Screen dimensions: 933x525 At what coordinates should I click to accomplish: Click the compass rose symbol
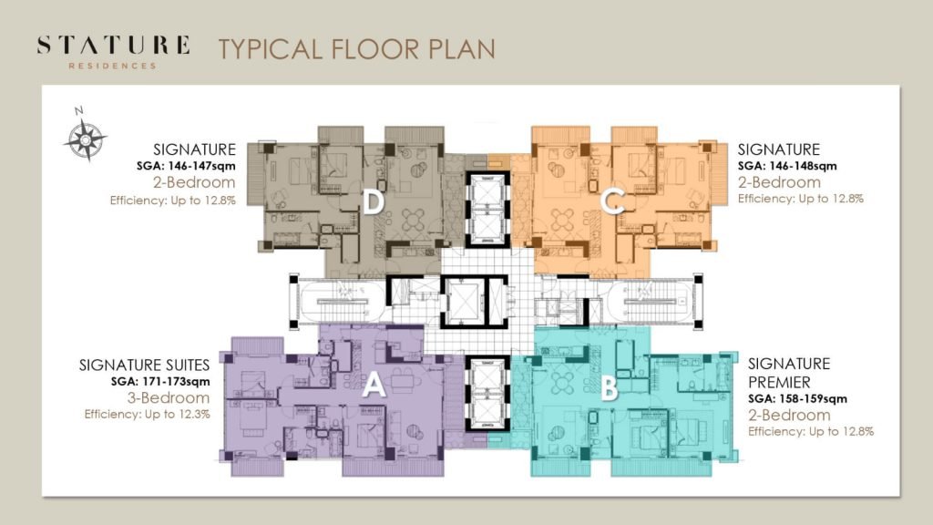point(85,139)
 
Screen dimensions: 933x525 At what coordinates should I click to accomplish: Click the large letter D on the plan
point(373,202)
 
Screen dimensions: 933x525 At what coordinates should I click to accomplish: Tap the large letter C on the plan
point(612,201)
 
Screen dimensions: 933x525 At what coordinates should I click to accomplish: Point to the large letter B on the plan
point(609,388)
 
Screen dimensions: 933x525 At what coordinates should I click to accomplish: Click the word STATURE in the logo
point(114,46)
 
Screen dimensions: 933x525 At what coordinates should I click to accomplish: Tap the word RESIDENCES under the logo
point(112,66)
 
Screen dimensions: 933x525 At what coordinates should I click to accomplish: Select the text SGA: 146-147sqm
point(186,166)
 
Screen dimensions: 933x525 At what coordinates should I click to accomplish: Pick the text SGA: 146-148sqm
point(787,166)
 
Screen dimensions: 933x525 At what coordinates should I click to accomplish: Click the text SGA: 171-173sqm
point(160,382)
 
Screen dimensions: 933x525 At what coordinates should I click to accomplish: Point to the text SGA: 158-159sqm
point(797,399)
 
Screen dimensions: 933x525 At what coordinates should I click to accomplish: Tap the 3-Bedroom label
point(169,397)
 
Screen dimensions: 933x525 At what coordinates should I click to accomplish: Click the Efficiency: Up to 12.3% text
point(147,415)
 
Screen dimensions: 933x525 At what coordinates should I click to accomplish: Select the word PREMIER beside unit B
point(779,382)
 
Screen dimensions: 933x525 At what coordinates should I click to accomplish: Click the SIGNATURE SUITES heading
point(145,365)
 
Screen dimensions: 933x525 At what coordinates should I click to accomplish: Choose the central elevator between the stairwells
point(465,301)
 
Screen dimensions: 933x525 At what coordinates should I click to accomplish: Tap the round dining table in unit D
point(414,220)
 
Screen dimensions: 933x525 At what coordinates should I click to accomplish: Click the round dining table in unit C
point(562,220)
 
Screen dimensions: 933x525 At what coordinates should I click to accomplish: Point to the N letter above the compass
point(78,110)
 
